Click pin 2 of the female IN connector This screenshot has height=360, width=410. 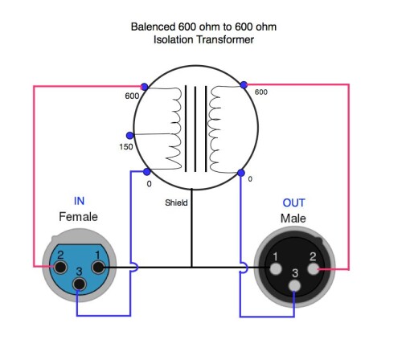click(x=60, y=267)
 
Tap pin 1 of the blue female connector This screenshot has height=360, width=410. click(x=98, y=267)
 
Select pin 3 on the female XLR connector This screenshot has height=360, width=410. click(x=80, y=284)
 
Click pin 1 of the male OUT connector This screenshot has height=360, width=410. click(x=276, y=268)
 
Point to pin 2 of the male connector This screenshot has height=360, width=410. click(x=314, y=268)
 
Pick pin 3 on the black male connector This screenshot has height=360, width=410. click(x=295, y=285)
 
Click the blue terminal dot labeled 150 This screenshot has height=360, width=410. click(x=129, y=136)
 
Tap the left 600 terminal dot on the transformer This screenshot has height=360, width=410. click(x=145, y=87)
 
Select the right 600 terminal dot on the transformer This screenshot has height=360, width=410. click(x=244, y=85)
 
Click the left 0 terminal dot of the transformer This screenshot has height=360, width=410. click(x=146, y=172)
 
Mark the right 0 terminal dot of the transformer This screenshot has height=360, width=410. click(x=241, y=173)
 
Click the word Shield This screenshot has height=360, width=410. click(x=176, y=202)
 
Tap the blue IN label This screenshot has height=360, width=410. click(x=79, y=201)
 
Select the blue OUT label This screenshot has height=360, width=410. click(x=293, y=202)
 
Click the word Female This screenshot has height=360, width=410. click(x=78, y=217)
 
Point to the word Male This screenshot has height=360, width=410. click(x=293, y=219)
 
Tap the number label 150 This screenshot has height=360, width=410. click(x=126, y=147)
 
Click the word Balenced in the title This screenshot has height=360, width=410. click(x=153, y=27)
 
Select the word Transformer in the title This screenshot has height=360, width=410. click(x=225, y=39)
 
